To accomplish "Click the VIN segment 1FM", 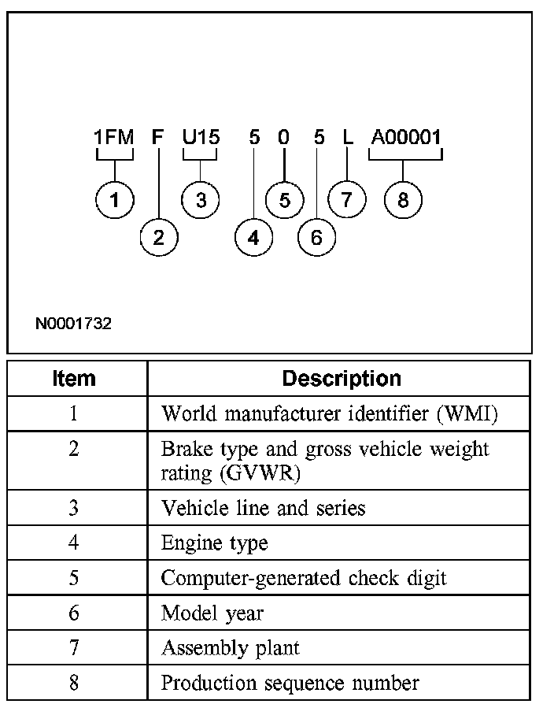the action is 114,138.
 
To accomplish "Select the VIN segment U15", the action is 201,138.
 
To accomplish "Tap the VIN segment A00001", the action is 406,138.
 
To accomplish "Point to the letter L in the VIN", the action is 348,138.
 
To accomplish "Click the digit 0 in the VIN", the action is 283,138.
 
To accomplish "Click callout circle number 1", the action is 115,200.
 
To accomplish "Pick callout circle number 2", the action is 159,237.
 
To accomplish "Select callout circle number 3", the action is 201,200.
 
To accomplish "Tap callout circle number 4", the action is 253,237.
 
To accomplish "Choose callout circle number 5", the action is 284,200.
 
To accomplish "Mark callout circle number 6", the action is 316,237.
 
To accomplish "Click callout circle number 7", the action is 347,200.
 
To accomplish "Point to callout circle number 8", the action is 403,200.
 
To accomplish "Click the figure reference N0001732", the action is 73,324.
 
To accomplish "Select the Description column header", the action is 342,379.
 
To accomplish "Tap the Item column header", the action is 74,379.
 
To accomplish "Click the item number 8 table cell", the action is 74,683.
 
